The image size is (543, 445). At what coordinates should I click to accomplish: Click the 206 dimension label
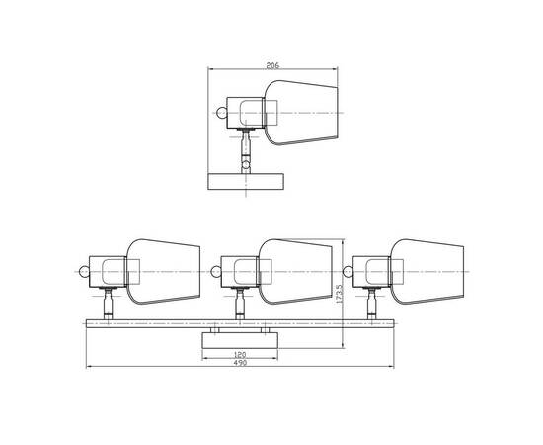coord(272,65)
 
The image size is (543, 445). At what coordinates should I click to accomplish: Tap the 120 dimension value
coord(240,355)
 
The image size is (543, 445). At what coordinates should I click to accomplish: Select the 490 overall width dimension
coord(240,363)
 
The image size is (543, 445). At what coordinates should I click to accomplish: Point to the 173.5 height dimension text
coord(339,294)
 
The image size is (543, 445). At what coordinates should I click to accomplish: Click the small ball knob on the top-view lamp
coord(221,113)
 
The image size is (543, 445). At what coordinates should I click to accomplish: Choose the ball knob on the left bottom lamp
coord(84,271)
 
